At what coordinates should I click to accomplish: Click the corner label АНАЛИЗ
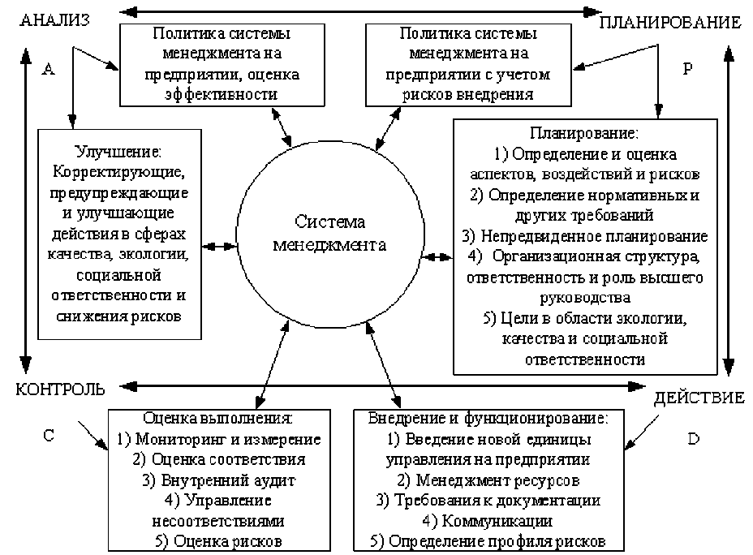pos(54,18)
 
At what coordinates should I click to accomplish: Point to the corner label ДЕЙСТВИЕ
pos(699,398)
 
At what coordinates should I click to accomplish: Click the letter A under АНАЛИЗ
pos(48,70)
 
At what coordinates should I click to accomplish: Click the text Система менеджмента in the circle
pos(330,232)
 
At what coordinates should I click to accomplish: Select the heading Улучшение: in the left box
pos(119,152)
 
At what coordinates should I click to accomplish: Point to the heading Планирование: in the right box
pos(584,131)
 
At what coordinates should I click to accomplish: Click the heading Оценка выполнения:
pos(217,419)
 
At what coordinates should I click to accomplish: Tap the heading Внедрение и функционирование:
pos(488,419)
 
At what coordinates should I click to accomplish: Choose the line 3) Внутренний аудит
pos(217,480)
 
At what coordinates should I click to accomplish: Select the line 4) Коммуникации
pos(488,520)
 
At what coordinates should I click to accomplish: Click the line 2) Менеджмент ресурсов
pos(488,480)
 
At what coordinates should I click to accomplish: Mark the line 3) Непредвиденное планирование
pos(584,236)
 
